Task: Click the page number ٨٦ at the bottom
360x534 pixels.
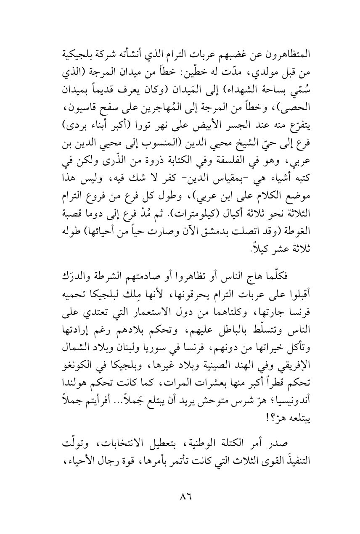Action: click(180, 497)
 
